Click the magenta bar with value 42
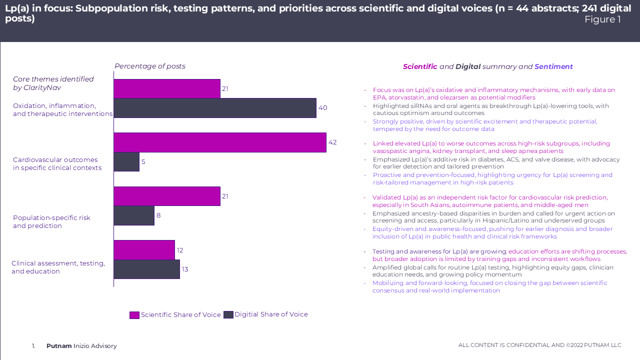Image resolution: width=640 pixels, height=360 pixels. [x=220, y=142]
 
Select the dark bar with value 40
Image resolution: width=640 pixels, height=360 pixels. [x=215, y=108]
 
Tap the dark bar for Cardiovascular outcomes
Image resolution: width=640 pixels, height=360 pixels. [x=126, y=162]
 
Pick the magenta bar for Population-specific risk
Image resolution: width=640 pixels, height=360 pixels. [x=167, y=196]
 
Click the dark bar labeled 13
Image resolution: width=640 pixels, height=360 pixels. [x=146, y=269]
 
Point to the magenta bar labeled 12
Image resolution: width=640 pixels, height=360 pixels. [x=144, y=250]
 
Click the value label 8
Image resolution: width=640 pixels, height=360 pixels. [x=158, y=215]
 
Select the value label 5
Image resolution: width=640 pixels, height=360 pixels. [x=143, y=162]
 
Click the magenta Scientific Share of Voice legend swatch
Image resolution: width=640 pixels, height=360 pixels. [x=134, y=315]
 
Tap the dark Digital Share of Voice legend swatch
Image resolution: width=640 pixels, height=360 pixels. [x=228, y=314]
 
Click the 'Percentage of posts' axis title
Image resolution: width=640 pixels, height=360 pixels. [x=150, y=66]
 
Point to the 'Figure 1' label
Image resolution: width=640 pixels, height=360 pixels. [x=602, y=19]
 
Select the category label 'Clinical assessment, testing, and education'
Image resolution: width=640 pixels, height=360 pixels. [x=58, y=267]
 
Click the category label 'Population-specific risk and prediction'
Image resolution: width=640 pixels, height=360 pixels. [x=51, y=221]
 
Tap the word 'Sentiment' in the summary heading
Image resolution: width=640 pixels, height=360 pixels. [x=553, y=67]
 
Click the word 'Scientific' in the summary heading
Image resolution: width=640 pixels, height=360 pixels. [x=420, y=67]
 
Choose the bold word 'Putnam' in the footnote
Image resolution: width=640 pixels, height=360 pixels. [x=59, y=346]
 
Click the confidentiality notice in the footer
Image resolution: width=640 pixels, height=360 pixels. [x=539, y=345]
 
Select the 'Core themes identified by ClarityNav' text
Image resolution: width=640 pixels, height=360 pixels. [x=53, y=83]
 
